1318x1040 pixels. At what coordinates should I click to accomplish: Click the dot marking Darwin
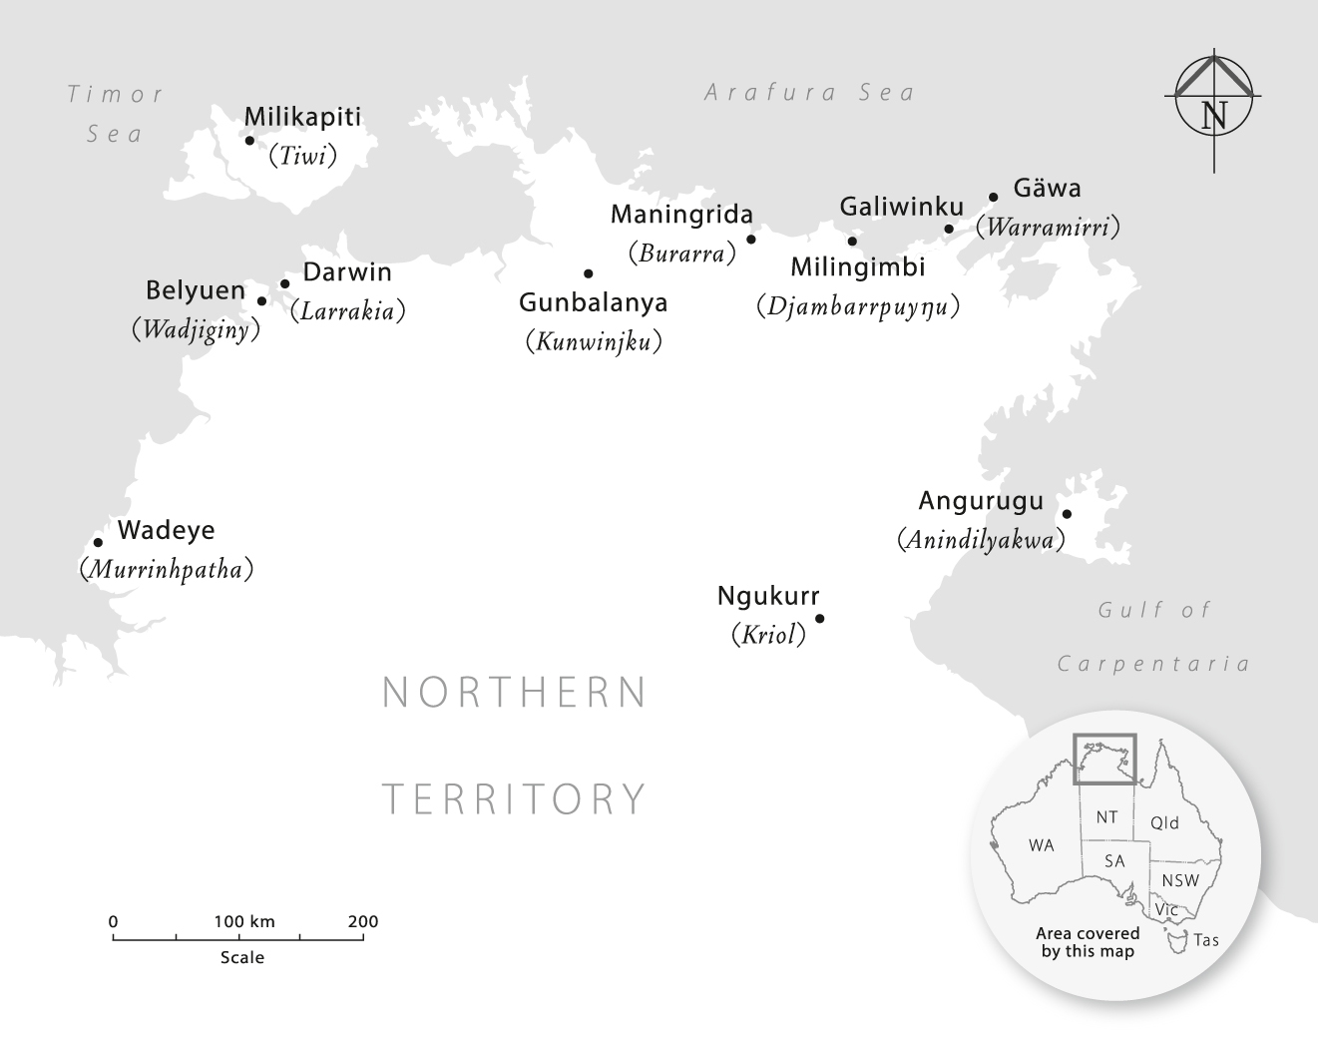pyautogui.click(x=285, y=283)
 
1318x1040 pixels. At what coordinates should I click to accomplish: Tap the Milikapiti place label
pyautogui.click(x=302, y=117)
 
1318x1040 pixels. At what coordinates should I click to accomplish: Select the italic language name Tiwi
pyautogui.click(x=303, y=156)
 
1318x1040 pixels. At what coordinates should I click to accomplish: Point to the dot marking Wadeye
pyautogui.click(x=98, y=543)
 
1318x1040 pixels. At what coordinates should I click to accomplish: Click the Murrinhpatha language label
pyautogui.click(x=166, y=570)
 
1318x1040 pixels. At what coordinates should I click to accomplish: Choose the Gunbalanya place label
pyautogui.click(x=594, y=302)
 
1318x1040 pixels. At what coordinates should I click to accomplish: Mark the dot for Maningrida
pyautogui.click(x=751, y=239)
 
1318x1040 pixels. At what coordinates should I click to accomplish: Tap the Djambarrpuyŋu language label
pyautogui.click(x=858, y=305)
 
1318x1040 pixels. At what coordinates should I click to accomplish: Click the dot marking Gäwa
pyautogui.click(x=994, y=198)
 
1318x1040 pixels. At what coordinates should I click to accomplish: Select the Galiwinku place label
pyautogui.click(x=902, y=207)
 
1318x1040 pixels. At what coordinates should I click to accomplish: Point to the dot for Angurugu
pyautogui.click(x=1067, y=514)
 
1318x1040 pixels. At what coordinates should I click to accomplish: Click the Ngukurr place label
pyautogui.click(x=768, y=597)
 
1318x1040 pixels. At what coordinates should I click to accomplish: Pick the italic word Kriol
pyautogui.click(x=768, y=635)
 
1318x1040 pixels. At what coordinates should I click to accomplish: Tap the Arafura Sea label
pyautogui.click(x=809, y=93)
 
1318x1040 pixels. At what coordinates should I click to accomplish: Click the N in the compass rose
pyautogui.click(x=1214, y=115)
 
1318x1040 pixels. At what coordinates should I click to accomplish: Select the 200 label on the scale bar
pyautogui.click(x=363, y=921)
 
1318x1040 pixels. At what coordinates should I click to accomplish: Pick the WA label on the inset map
pyautogui.click(x=1041, y=845)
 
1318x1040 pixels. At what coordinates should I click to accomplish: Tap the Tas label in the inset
pyautogui.click(x=1205, y=940)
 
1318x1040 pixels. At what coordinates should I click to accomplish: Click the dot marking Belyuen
pyautogui.click(x=261, y=300)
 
